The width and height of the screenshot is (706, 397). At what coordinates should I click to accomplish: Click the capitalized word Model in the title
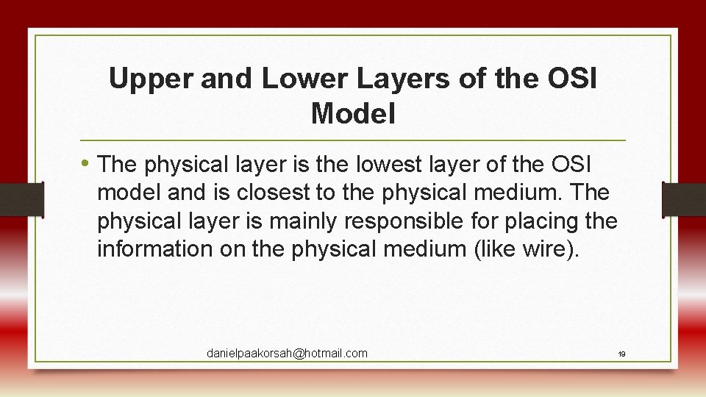coord(353,114)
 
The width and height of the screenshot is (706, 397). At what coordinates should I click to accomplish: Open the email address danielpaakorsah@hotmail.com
coord(287,354)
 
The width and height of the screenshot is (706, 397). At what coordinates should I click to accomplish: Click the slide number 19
coord(621,354)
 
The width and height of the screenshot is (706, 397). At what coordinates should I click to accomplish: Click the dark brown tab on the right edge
coord(683,199)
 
